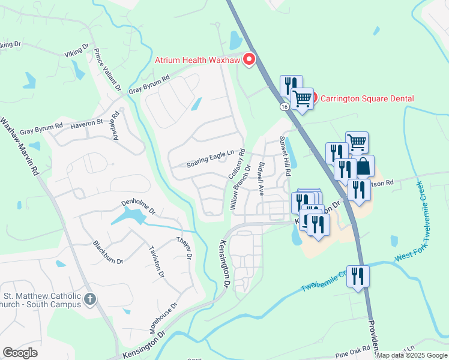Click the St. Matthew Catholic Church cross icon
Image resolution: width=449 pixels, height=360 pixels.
click(90, 299)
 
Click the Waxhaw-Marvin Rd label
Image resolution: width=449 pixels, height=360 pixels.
click(19, 146)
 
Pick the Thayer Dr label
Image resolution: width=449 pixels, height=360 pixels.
click(183, 247)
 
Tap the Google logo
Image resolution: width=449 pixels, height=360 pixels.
click(20, 353)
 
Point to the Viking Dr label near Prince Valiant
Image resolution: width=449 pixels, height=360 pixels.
click(77, 50)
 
